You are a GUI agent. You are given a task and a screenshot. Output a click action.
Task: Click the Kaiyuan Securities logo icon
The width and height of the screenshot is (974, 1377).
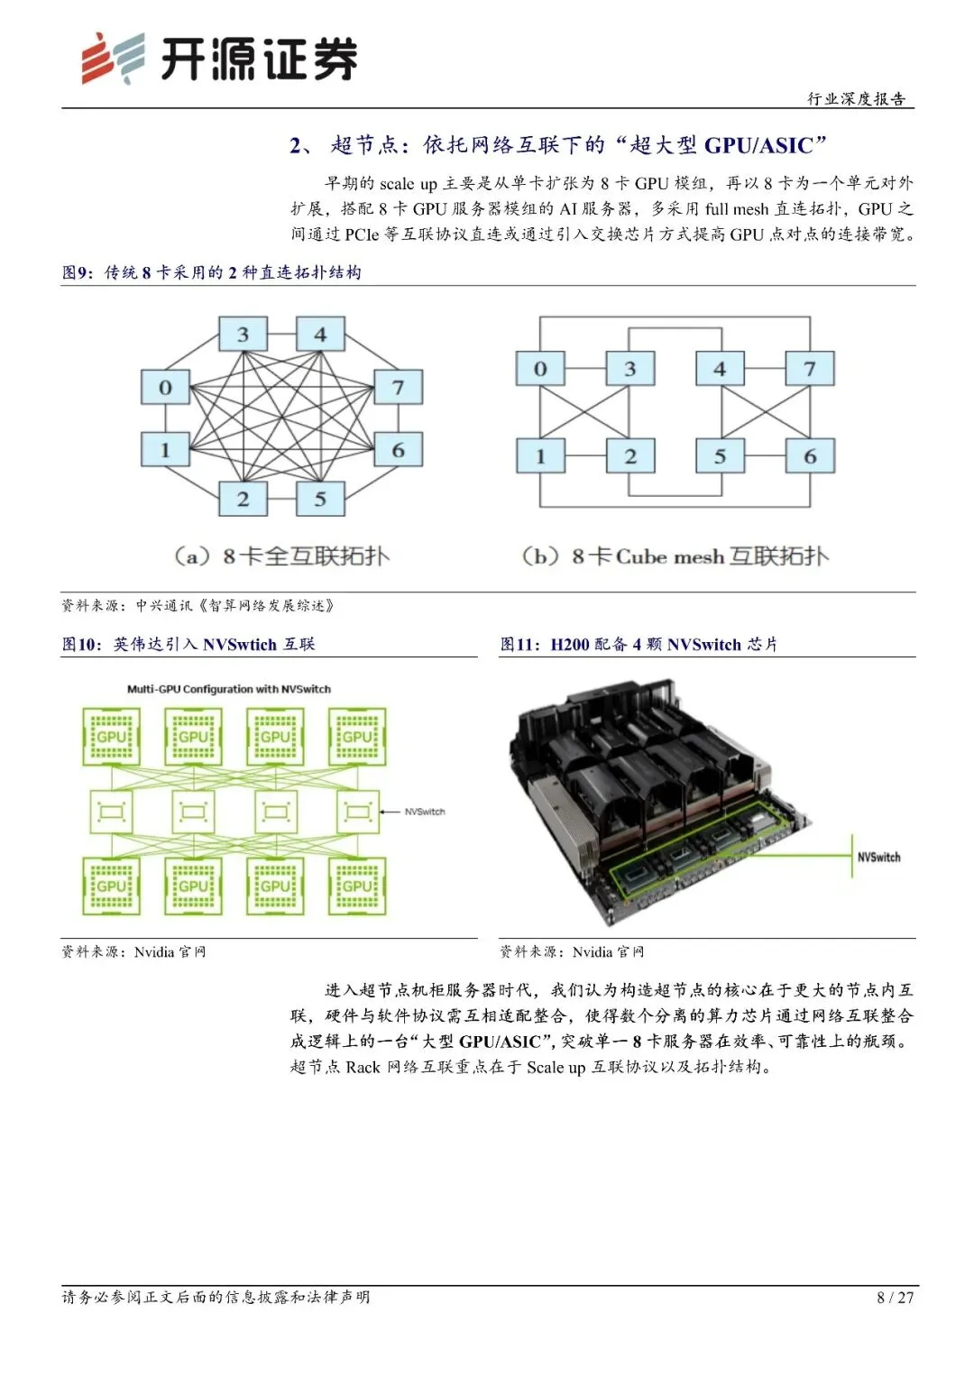point(113,59)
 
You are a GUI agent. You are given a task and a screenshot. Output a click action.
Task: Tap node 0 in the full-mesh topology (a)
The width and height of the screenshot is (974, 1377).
point(165,387)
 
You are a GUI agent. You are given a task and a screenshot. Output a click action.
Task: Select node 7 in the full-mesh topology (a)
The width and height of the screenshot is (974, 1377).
point(398,387)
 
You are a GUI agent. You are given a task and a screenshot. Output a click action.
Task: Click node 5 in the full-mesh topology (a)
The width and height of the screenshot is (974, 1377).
point(320,499)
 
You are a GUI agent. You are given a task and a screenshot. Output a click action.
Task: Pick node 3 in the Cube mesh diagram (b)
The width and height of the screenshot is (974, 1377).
point(629,368)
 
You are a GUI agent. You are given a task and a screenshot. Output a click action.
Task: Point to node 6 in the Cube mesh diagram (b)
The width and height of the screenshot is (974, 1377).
point(810,456)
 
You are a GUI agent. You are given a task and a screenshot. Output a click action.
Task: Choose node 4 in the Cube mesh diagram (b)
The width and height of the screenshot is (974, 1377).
point(720,368)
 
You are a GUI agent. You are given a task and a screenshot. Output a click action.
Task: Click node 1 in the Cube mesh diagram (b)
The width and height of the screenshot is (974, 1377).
point(540,456)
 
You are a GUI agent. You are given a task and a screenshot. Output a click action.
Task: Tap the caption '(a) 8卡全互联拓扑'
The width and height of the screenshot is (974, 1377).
point(281,555)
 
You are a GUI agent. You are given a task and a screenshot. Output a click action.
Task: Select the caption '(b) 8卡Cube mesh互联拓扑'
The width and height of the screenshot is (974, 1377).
point(675,555)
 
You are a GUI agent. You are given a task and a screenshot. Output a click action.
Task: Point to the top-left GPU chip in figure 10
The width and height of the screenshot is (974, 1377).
point(111,737)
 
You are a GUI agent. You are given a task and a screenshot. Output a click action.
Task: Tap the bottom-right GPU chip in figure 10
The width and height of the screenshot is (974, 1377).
point(357,886)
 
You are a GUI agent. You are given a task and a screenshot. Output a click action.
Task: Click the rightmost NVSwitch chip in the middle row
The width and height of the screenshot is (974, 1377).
point(358,812)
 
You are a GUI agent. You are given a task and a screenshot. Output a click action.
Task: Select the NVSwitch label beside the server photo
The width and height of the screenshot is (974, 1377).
point(878,857)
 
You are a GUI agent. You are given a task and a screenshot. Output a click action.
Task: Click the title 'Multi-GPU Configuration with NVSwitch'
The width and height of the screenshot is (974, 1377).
point(229,689)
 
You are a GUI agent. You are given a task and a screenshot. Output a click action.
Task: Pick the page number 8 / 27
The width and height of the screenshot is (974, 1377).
point(895,1298)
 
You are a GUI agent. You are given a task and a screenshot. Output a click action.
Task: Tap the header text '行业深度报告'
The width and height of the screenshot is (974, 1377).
point(856,98)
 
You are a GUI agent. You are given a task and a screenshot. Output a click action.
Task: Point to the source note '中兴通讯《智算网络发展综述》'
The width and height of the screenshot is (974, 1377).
point(234,605)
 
